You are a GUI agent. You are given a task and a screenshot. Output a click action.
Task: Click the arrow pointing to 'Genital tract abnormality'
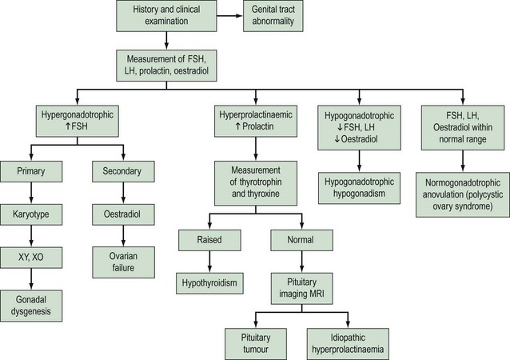point(232,17)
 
